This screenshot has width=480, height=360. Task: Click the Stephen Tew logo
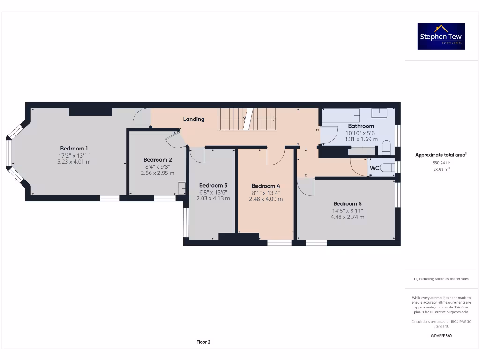pos(442,36)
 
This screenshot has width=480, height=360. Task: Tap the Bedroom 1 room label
pos(74,149)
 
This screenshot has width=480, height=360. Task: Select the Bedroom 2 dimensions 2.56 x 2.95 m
pos(157,173)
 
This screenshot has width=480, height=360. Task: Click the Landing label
pos(194,119)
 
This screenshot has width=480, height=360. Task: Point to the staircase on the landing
pos(248,120)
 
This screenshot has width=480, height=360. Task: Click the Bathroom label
pos(361,126)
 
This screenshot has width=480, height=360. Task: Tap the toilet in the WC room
pos(387,167)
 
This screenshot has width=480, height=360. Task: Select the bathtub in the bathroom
pos(341,115)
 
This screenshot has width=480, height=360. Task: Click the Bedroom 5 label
pos(347,203)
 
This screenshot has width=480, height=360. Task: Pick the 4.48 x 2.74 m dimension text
pos(347,217)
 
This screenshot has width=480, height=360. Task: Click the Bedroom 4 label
pos(266,186)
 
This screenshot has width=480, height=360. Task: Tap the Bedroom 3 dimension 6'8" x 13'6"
pos(213,192)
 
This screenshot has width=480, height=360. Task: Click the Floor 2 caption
pos(203,342)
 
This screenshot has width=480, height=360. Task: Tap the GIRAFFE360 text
pos(441,336)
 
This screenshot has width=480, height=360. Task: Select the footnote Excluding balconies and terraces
pos(441,279)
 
